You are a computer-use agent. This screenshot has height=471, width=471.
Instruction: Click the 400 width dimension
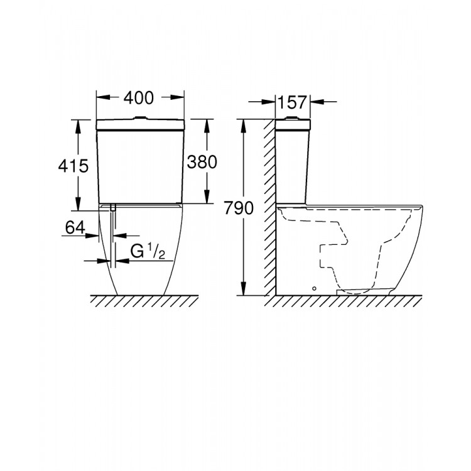coord(139,98)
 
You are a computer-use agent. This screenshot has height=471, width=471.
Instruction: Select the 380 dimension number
coord(202,161)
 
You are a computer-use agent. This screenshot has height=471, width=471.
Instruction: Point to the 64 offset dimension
coord(75,228)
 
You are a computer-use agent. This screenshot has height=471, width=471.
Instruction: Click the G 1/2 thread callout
coord(148,252)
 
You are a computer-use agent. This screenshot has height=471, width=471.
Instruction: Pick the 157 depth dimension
coord(292,101)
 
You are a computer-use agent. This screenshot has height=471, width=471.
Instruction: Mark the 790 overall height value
coord(238,208)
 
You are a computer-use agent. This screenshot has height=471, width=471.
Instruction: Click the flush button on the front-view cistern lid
coord(139,117)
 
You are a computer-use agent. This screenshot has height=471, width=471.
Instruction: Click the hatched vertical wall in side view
coord(269,207)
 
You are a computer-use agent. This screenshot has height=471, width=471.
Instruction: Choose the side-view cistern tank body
coord(291,163)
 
